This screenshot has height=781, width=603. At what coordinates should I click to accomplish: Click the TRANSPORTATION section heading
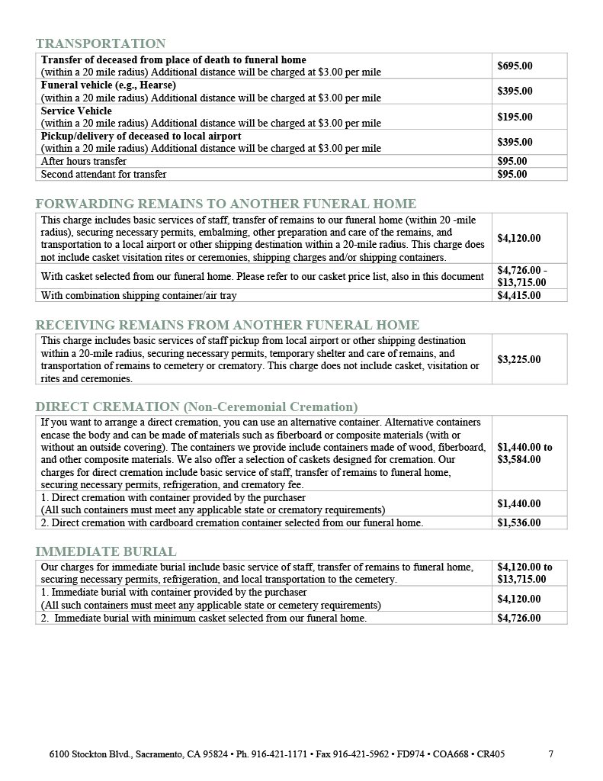point(101,43)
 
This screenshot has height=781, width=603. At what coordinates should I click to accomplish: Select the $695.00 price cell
point(515,66)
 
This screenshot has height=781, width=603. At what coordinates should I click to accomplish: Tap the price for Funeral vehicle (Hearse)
point(515,91)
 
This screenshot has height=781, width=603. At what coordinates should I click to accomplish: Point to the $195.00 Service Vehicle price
point(515,117)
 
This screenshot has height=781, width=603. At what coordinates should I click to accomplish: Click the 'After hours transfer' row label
point(84,162)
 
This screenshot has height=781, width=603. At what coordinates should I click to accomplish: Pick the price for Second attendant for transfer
point(512,174)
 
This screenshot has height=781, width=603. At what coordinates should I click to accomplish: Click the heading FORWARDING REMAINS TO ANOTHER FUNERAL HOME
point(226,204)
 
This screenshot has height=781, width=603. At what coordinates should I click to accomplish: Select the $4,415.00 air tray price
point(518,295)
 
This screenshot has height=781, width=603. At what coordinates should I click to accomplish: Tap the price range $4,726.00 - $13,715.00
point(522,276)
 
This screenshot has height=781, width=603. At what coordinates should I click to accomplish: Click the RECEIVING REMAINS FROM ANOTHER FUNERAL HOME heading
point(227,325)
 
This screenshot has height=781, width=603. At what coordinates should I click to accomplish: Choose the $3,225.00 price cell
point(518,359)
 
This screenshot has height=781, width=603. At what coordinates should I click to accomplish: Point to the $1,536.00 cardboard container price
point(518,523)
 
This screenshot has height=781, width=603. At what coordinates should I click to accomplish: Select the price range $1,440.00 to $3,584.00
point(524,453)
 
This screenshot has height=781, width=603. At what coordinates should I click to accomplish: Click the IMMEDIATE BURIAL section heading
point(106,551)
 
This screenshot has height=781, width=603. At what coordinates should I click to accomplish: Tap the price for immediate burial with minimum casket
point(518,619)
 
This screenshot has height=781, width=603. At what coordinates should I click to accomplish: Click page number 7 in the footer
point(551,754)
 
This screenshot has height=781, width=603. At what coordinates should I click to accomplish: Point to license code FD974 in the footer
point(408,754)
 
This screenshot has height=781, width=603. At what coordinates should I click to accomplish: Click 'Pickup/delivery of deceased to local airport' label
point(141,136)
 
